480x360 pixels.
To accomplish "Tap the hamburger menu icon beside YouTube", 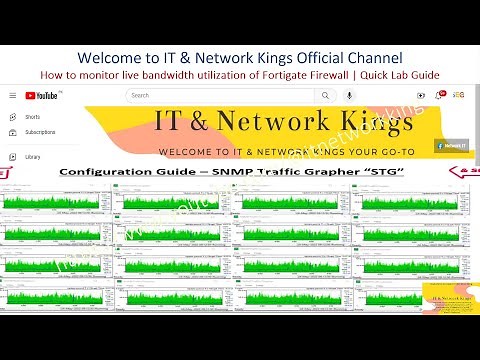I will [12, 95].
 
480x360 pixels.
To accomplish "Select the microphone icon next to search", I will [349, 95].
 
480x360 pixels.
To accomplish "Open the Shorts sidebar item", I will [33, 117].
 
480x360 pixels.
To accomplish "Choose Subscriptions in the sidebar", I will [41, 132].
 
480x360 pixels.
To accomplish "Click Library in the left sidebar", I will [33, 156].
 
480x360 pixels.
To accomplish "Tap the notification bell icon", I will [437, 95].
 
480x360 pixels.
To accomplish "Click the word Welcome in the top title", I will [112, 56].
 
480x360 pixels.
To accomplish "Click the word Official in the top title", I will [299, 56].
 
